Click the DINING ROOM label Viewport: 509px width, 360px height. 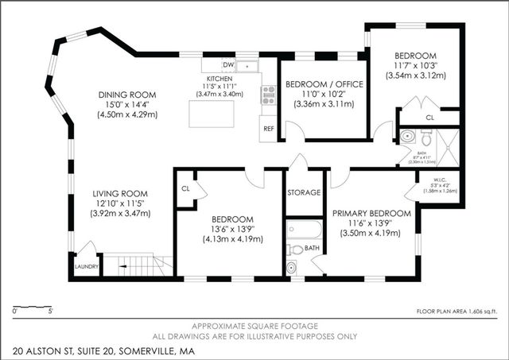[x=126, y=95]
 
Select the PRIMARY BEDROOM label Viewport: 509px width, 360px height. [x=371, y=213]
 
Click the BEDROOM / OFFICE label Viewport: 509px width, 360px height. [x=324, y=84]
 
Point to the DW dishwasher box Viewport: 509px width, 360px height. [x=227, y=64]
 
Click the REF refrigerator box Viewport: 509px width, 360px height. [x=268, y=128]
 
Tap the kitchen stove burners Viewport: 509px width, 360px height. [x=269, y=95]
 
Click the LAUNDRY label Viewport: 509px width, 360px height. [x=85, y=267]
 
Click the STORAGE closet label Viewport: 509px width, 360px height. [x=304, y=192]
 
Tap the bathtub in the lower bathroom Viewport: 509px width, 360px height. [x=304, y=230]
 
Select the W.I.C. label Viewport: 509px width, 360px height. [x=439, y=180]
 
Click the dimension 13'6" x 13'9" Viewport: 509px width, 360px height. [x=232, y=229]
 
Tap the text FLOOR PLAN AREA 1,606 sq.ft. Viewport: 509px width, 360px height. [x=456, y=312]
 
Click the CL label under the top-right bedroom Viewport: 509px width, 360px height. [x=429, y=117]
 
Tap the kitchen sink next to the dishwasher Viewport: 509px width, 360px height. [x=249, y=64]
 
